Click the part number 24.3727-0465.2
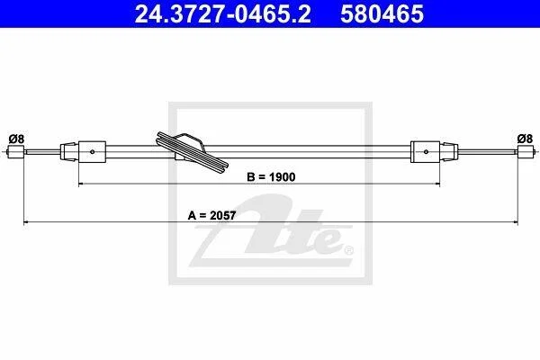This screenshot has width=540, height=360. (222, 13)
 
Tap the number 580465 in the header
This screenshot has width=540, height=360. (382, 13)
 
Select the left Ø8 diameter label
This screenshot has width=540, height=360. (16, 139)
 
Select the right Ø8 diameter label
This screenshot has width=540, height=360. (525, 139)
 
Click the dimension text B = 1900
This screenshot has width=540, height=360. (271, 177)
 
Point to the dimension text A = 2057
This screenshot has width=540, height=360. (211, 216)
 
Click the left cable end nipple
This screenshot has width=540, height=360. (16, 151)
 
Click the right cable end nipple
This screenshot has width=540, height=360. (526, 151)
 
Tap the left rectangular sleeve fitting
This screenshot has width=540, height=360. (92, 151)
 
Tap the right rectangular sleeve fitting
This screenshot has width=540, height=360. (425, 151)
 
